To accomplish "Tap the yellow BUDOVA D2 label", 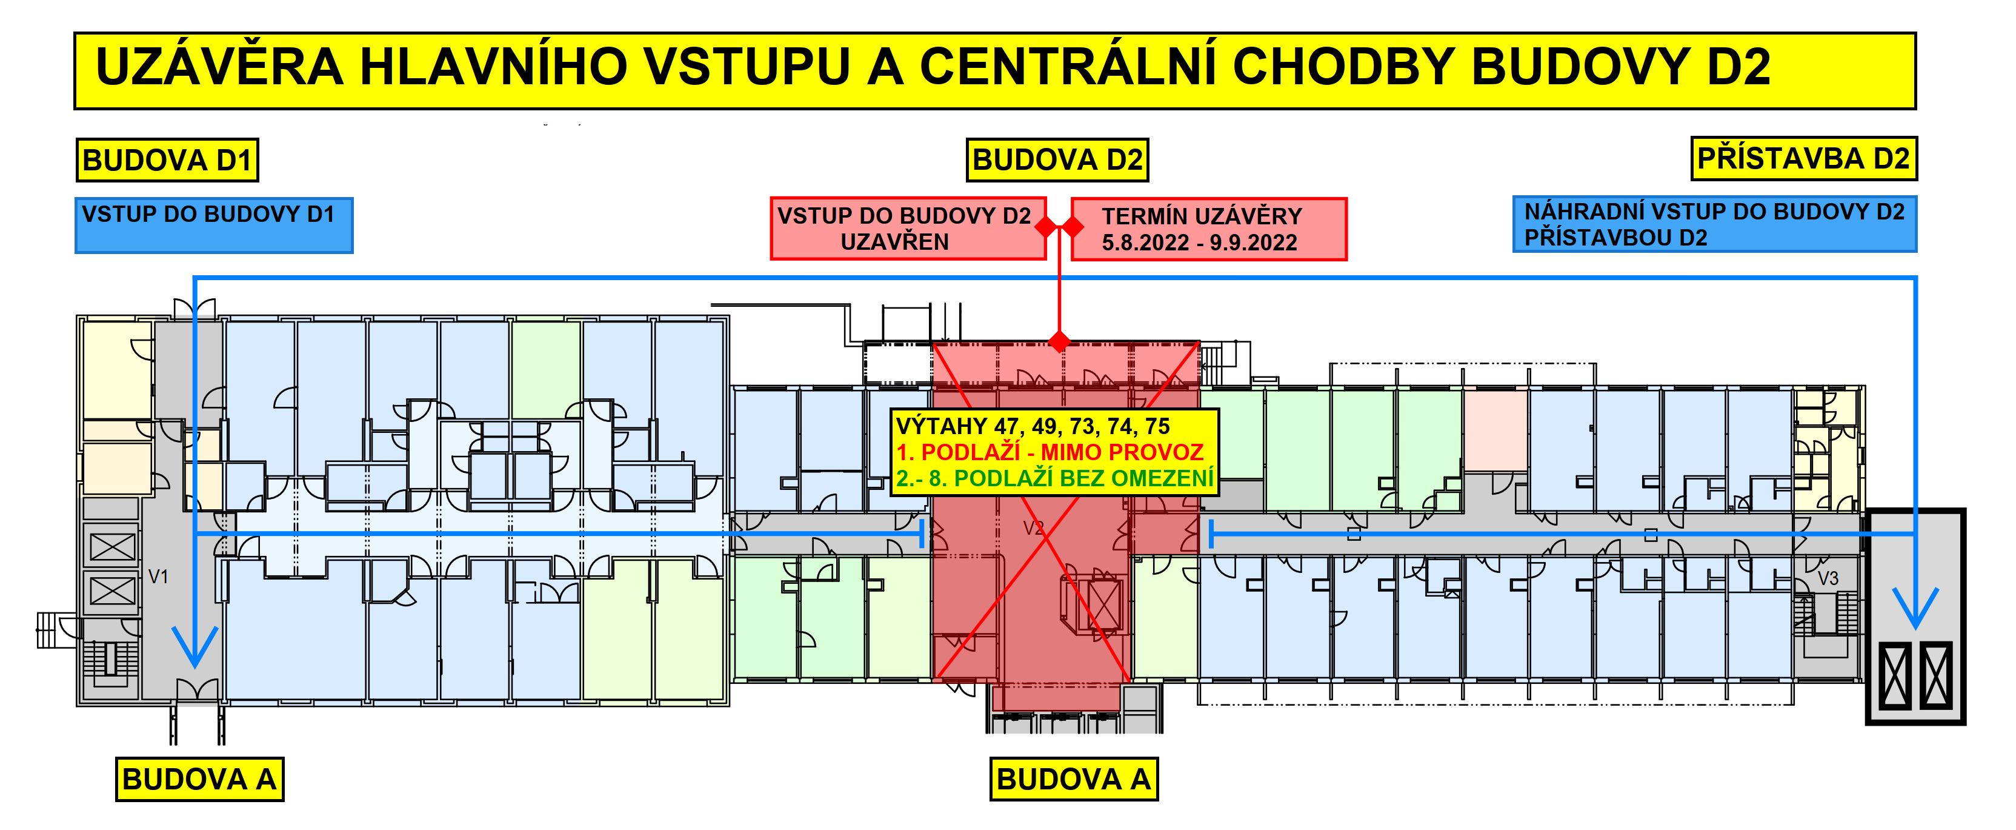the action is [1057, 159].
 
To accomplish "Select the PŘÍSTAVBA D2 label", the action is [1804, 159].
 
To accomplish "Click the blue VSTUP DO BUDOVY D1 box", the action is [214, 226].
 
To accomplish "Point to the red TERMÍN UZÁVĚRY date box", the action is [1208, 229].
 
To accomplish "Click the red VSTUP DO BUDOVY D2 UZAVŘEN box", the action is [908, 229].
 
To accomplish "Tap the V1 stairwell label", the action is [159, 577].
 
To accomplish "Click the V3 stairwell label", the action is [1828, 578].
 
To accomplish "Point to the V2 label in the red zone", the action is [1034, 529].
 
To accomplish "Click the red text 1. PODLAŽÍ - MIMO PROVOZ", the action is [1050, 452].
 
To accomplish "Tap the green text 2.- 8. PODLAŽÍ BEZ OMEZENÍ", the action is [1054, 478].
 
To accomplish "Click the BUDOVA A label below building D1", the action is [199, 779].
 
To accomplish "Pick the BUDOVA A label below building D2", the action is [1074, 779].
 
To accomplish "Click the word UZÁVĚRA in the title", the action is [219, 67].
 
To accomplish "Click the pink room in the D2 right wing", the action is [1495, 430].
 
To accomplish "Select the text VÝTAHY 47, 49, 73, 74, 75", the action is [1033, 426].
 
